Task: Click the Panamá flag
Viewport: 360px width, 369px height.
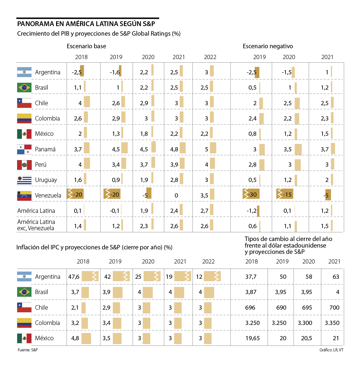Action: [x=24, y=149]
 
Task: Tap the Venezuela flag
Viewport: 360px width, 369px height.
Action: [x=24, y=195]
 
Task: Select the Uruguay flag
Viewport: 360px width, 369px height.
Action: [x=24, y=180]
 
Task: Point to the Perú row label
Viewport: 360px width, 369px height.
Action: [x=41, y=165]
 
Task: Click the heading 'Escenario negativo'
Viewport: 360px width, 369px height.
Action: [x=268, y=46]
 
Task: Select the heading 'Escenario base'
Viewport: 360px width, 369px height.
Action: [x=86, y=46]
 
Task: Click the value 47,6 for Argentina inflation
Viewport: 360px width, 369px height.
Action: [x=74, y=277]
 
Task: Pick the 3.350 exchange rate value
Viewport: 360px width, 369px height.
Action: [x=332, y=323]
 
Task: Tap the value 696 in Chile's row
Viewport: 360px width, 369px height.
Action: [x=250, y=308]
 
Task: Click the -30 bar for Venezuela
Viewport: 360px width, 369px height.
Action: [x=251, y=194]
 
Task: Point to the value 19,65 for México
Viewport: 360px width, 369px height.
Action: [x=253, y=338]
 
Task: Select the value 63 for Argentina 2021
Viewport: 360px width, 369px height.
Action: [x=336, y=277]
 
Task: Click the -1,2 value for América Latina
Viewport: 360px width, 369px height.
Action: [x=251, y=211]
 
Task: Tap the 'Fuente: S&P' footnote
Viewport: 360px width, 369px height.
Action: [x=28, y=350]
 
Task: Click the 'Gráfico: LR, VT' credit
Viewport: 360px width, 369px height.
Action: [x=331, y=350]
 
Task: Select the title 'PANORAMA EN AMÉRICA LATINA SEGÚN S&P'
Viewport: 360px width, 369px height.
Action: [x=86, y=24]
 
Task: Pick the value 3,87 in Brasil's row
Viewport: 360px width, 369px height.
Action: [x=251, y=292]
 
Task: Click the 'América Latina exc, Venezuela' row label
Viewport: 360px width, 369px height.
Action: [x=36, y=225]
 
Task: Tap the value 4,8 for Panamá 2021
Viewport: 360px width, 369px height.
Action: [x=174, y=149]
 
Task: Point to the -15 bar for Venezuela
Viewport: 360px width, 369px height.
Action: [x=285, y=194]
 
